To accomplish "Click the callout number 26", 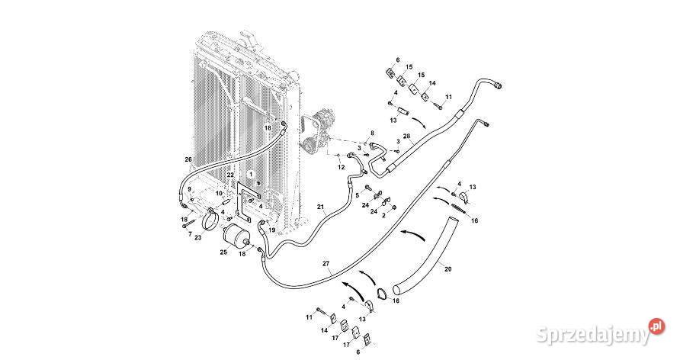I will pos(188,159).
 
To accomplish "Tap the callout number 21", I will pos(321,207).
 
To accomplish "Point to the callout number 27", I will pos(326,264).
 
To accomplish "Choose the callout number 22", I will pos(230,176).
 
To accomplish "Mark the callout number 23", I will pos(198,237).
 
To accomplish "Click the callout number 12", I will pos(342,166).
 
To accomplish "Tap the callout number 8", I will pos(372,133).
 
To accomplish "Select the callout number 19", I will pos(271,229).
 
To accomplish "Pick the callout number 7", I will pos(190,233).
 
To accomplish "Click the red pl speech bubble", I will pos(653,325).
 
